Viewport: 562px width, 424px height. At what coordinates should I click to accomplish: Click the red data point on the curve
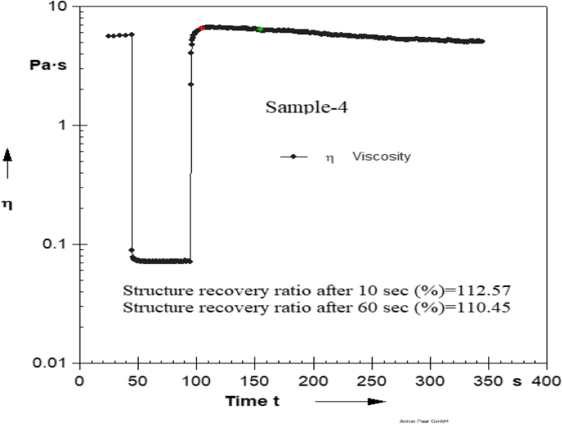click(x=202, y=29)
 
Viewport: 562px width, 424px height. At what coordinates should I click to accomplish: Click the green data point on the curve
click(x=260, y=30)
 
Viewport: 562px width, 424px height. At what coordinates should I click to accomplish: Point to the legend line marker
click(x=293, y=156)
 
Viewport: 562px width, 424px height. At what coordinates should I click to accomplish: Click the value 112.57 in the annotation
click(x=491, y=291)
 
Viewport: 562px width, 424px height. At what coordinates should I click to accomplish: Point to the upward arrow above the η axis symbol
click(x=9, y=163)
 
